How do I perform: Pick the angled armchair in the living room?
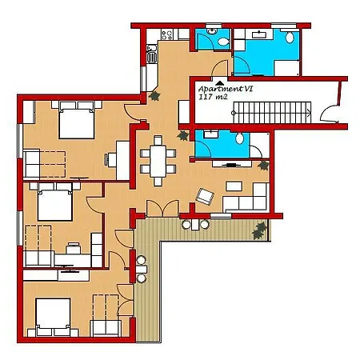click(x=206, y=194)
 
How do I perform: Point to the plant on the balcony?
click(x=258, y=231)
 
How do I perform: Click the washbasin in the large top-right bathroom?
click(x=259, y=35)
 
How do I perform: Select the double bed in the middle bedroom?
click(x=53, y=204)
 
